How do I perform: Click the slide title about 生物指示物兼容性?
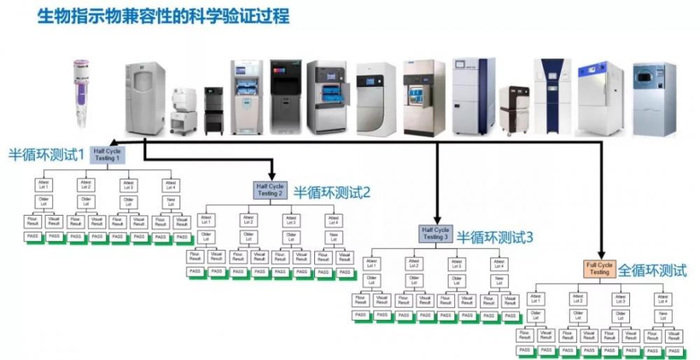162,15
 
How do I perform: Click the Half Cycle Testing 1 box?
106,154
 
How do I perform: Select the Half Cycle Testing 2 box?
269,190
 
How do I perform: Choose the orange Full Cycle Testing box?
599,268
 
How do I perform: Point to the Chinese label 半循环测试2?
331,191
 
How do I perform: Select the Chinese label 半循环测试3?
495,237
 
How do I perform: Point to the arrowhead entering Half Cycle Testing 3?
436,220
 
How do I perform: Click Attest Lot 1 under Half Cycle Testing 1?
43,185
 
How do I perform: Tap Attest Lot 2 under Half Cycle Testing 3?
414,263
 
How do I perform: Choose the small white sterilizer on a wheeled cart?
184,109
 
